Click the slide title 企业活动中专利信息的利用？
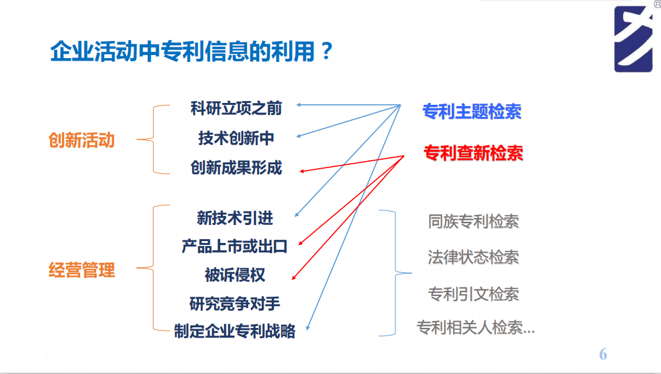(192, 51)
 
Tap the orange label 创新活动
(81, 140)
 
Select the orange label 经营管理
(81, 270)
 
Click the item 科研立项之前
(236, 107)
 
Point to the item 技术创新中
(236, 137)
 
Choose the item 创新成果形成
(236, 168)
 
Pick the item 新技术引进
(235, 218)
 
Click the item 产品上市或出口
(235, 246)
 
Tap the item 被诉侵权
(235, 275)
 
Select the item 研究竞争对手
(235, 303)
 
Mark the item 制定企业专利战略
(235, 331)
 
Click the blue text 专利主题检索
(472, 111)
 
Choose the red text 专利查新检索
(474, 153)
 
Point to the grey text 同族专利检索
(474, 221)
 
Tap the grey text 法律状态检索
(474, 257)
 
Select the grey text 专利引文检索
(474, 294)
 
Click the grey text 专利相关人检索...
(475, 328)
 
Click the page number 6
(603, 354)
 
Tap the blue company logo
(633, 38)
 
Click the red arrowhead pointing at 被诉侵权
(294, 277)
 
